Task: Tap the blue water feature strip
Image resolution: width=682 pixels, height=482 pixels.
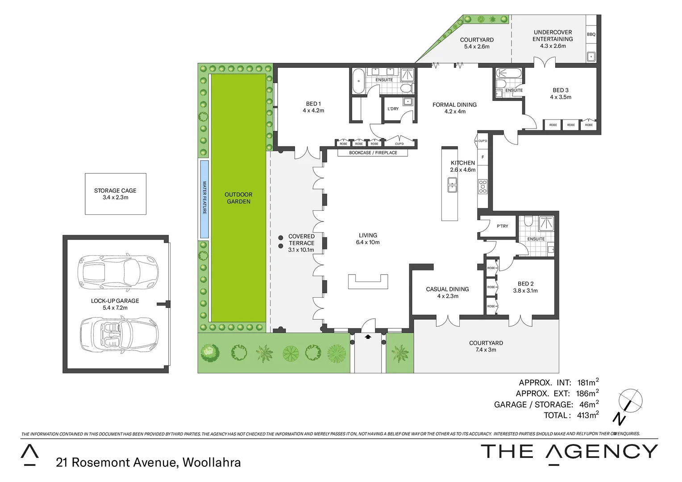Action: tap(204, 199)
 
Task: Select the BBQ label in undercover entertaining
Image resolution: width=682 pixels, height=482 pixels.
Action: tap(591, 34)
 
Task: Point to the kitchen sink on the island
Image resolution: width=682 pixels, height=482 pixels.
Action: tap(452, 184)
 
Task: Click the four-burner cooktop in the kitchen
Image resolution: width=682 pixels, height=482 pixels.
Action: tap(482, 186)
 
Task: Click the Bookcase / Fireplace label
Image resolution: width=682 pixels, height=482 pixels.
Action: tap(373, 153)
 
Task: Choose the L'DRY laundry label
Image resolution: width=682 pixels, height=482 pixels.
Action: tap(393, 109)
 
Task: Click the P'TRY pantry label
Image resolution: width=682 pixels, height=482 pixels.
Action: tap(502, 226)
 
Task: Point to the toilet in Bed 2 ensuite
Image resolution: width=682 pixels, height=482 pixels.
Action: tap(528, 221)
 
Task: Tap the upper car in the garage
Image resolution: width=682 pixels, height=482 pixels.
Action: tap(116, 272)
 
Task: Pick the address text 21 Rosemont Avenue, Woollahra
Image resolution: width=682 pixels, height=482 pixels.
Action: tap(148, 462)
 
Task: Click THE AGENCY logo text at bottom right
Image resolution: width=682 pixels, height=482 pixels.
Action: tap(569, 452)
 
